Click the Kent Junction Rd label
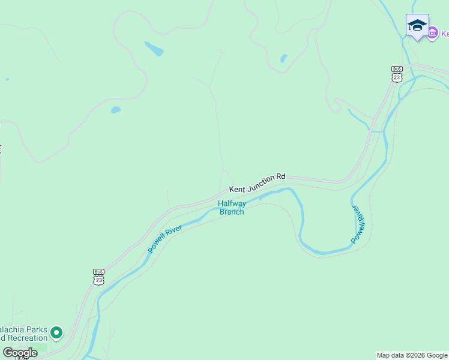coord(257,183)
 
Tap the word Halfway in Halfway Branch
coord(232,203)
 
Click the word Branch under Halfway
coord(232,211)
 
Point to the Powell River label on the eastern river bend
coord(358,224)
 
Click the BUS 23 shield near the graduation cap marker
coord(396,74)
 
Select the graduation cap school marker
coord(417,26)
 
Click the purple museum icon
coord(432,34)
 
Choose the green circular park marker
coord(56,332)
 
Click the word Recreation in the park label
coord(26,338)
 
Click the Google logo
coord(20,353)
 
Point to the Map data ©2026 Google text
coord(412,355)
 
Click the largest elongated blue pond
coord(154,48)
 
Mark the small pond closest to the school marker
coord(283,58)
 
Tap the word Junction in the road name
coord(262,182)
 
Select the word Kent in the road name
coord(237,188)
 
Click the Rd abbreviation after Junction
coord(280,177)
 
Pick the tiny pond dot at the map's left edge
coord(7,79)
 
